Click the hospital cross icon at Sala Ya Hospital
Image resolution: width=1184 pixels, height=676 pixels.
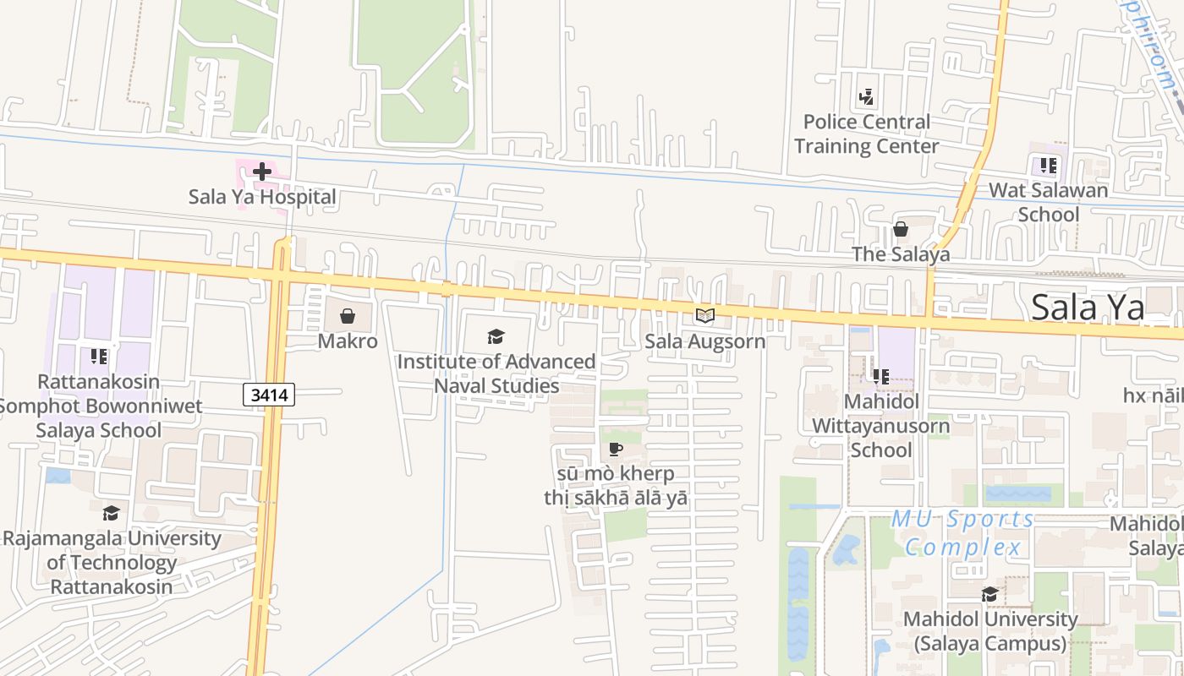click(x=262, y=172)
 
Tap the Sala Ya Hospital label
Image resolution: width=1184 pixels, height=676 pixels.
click(x=262, y=197)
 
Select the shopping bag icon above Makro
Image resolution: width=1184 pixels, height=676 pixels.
click(x=347, y=316)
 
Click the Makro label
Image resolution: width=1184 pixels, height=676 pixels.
click(x=348, y=341)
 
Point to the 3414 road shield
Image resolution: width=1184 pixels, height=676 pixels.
click(x=269, y=394)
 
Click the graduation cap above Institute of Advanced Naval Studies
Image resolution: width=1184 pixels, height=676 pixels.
click(x=496, y=337)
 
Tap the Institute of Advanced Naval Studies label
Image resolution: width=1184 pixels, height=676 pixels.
click(x=496, y=373)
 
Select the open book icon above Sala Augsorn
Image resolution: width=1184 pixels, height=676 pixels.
click(x=704, y=316)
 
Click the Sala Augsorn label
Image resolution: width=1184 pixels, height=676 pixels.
click(x=704, y=341)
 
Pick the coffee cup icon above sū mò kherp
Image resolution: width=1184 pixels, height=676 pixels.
click(x=615, y=449)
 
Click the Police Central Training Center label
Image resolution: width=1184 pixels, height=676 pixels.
click(x=866, y=134)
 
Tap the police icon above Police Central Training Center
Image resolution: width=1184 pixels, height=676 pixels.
click(x=866, y=97)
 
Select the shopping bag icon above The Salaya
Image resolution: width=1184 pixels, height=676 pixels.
click(x=901, y=229)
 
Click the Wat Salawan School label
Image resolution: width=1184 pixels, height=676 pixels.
click(x=1049, y=202)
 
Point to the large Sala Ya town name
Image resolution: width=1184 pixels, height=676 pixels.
click(x=1088, y=308)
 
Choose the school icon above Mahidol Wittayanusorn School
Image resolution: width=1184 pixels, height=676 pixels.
click(x=880, y=376)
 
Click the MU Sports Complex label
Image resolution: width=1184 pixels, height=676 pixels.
click(x=962, y=533)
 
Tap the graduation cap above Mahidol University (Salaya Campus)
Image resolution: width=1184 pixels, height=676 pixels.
click(x=989, y=594)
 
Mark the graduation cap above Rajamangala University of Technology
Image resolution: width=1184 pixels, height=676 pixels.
click(x=111, y=513)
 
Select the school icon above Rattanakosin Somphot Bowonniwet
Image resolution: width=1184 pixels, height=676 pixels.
click(x=99, y=357)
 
